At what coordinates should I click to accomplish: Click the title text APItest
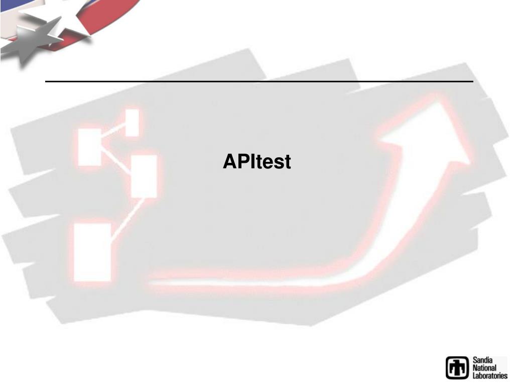(257, 162)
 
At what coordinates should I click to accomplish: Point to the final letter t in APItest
(288, 162)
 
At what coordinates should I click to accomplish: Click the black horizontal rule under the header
(259, 81)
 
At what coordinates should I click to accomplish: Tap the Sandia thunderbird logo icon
(457, 367)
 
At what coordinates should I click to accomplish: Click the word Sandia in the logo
(482, 360)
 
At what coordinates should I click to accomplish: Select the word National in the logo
(485, 368)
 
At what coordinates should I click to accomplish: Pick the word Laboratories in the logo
(490, 375)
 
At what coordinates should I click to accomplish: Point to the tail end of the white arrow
(156, 284)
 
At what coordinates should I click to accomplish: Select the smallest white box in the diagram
(132, 122)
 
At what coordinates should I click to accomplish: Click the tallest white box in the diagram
(92, 251)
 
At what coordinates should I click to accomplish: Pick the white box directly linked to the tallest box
(144, 176)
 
